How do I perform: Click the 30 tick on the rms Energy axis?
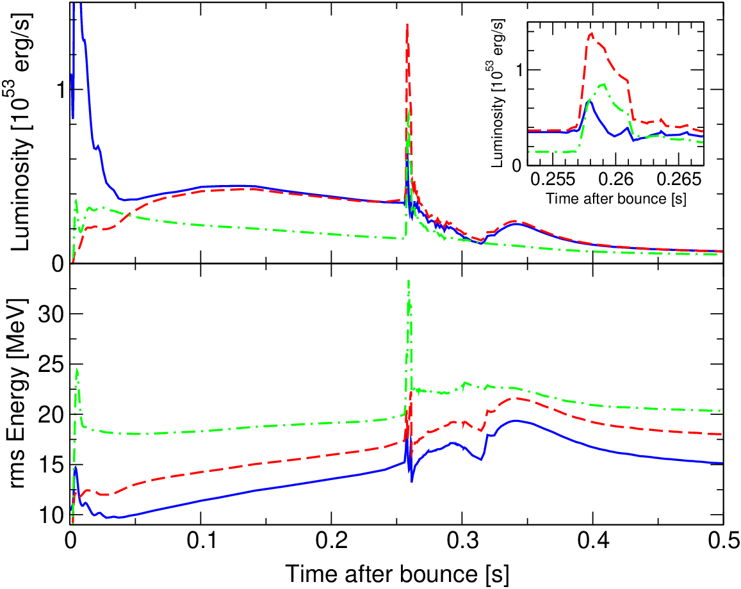[x=51, y=314]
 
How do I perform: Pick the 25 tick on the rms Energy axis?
[x=51, y=364]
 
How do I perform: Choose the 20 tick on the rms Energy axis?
[x=51, y=415]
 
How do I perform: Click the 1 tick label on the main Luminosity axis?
[x=59, y=90]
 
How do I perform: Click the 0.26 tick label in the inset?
[x=615, y=180]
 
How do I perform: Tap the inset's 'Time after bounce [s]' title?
[x=616, y=198]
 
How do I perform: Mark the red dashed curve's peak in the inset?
[x=590, y=33]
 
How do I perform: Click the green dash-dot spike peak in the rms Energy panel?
[x=409, y=282]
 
